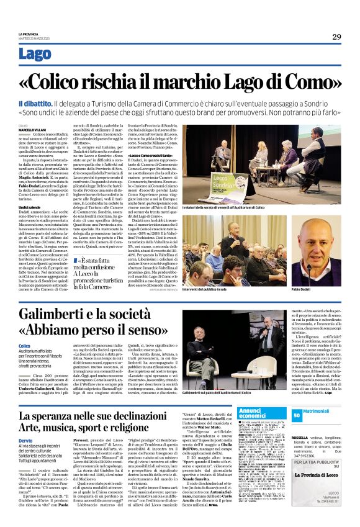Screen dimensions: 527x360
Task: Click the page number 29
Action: [336, 37]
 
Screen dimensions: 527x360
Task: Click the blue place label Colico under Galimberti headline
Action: [24, 346]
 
